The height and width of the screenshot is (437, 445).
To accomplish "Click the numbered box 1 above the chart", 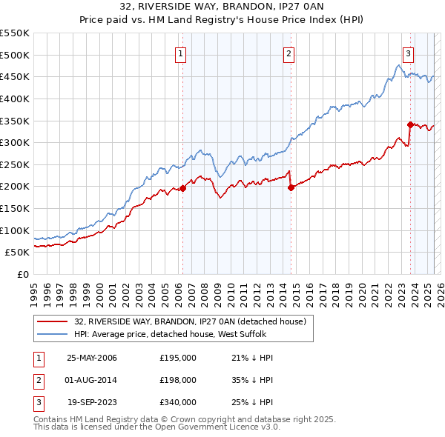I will (x=182, y=53).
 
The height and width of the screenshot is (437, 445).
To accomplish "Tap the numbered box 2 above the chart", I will (x=289, y=53).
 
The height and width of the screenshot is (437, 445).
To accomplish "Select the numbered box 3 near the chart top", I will (x=408, y=53).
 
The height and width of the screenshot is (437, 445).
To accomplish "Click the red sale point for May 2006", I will (x=182, y=188).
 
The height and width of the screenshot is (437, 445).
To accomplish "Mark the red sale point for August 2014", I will (x=291, y=187).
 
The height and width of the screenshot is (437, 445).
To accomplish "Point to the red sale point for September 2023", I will (x=410, y=124).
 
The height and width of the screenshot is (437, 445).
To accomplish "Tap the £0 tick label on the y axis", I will (x=22, y=274).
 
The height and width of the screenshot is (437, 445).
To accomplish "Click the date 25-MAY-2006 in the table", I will (x=92, y=358).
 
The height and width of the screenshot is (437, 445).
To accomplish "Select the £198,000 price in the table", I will (x=178, y=380).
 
